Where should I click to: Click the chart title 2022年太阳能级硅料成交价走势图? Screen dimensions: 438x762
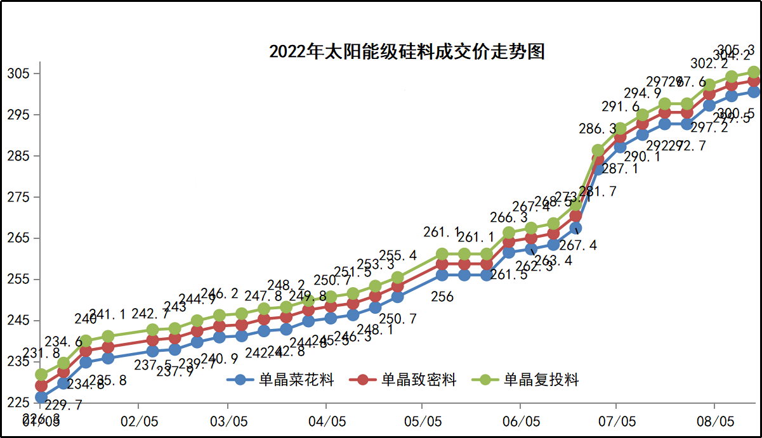[x=407, y=51]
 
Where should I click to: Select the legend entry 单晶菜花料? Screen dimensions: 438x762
[x=284, y=380]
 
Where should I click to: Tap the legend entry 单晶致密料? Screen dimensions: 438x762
[x=406, y=380]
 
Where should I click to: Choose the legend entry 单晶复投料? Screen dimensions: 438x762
[x=529, y=380]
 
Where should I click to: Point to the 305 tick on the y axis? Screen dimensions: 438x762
[x=18, y=74]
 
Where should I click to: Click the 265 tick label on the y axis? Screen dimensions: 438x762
[x=18, y=238]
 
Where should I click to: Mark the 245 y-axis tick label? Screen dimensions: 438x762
[x=18, y=321]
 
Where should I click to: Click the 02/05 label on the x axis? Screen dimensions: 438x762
[x=139, y=422]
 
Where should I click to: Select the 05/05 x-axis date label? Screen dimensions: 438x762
[x=423, y=422]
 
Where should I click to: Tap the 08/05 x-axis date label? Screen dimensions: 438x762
[x=714, y=422]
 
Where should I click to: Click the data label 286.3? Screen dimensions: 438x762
[x=597, y=129]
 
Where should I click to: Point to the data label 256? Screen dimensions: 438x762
[x=442, y=296]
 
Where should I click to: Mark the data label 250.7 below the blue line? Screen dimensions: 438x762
[x=398, y=319]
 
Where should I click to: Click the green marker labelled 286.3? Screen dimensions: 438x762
[x=598, y=151]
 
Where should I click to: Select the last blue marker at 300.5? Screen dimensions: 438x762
[x=754, y=92]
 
